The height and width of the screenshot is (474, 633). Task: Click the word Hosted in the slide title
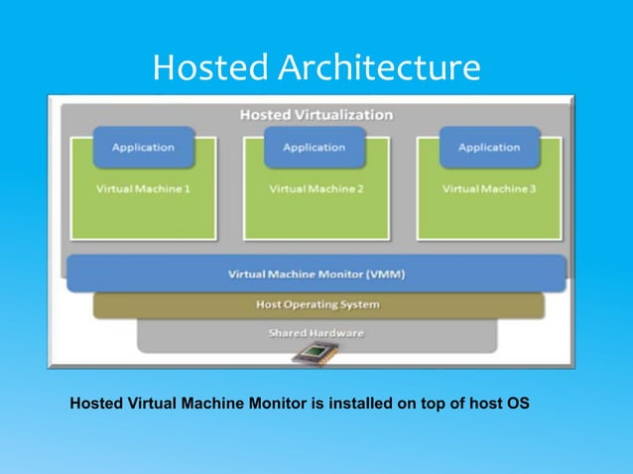[x=210, y=67]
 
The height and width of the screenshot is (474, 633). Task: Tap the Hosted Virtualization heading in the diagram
[x=316, y=114]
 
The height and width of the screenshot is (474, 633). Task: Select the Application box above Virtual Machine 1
[x=143, y=148]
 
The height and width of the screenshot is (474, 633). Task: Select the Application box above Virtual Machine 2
[x=315, y=148]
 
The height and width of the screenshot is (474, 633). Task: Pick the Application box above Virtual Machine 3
[x=489, y=148]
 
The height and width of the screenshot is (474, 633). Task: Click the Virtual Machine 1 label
[x=143, y=188]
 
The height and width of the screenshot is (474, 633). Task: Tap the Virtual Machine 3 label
[x=489, y=188]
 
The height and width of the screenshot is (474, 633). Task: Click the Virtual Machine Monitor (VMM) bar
[x=316, y=274]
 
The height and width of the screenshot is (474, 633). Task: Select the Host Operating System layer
[x=317, y=304]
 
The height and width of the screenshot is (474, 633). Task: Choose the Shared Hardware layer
[x=316, y=333]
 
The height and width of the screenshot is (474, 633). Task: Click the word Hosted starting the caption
[x=94, y=405]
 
